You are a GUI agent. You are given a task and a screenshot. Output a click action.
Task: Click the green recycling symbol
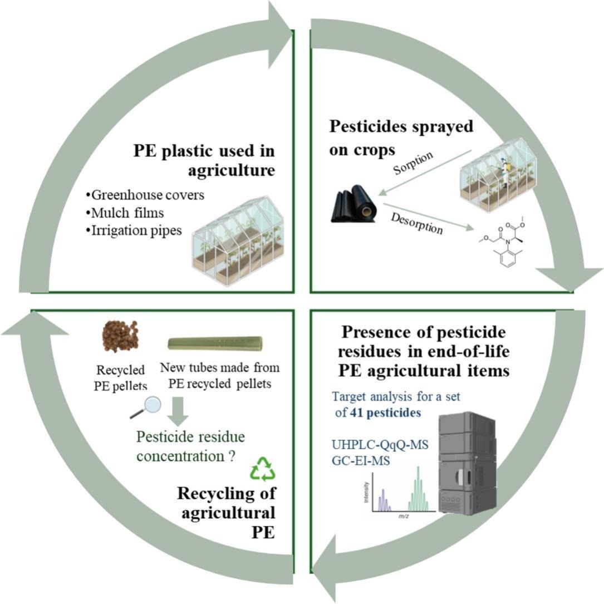point(263,469)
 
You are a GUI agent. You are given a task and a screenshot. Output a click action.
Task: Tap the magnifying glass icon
point(145,408)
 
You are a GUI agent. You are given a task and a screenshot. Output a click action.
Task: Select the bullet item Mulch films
point(124,213)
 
